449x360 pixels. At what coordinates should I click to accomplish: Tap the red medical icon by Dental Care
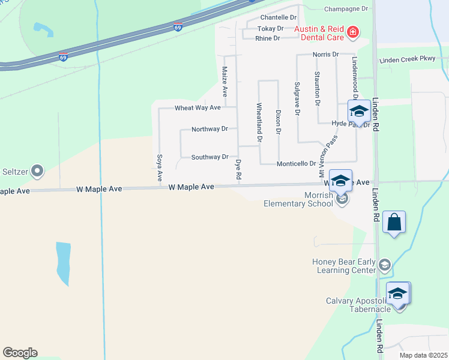click(x=353, y=32)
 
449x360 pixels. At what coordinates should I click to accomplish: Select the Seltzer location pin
click(x=37, y=172)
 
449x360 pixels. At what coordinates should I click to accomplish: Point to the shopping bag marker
click(x=394, y=223)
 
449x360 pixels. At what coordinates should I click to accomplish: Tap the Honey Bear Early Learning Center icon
click(x=385, y=264)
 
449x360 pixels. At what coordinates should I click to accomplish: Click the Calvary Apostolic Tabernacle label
click(x=358, y=305)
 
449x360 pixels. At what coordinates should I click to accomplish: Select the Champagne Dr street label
click(x=346, y=9)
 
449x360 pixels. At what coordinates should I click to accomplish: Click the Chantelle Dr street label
click(x=279, y=18)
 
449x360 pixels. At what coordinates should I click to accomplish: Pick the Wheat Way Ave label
click(x=197, y=108)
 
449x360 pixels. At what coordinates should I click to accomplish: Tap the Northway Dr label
click(x=209, y=129)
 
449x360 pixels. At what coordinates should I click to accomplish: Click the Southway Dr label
click(x=209, y=157)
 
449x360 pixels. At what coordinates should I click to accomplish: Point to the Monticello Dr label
click(x=297, y=164)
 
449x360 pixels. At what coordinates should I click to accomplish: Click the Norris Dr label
click(x=326, y=55)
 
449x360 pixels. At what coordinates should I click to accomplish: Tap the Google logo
click(x=20, y=352)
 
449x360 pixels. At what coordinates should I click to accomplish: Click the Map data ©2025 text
click(x=423, y=355)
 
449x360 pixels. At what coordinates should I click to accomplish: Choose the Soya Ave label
click(x=160, y=167)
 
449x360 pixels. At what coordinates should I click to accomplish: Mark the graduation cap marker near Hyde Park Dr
click(x=359, y=112)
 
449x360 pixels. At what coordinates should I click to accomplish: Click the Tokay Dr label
click(x=270, y=29)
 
